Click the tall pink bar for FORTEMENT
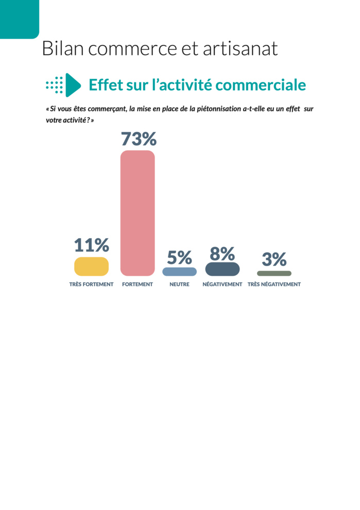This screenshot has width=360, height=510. point(138,213)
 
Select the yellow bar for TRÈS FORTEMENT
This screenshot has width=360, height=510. point(91,267)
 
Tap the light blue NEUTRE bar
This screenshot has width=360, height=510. point(179,271)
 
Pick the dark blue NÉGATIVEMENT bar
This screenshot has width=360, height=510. point(222,269)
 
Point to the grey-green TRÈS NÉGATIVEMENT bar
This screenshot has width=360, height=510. point(274,273)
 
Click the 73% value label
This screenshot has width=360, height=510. point(139,139)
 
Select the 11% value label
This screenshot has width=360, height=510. point(91,245)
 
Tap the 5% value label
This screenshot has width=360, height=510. point(179,257)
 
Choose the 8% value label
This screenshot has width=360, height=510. point(222,254)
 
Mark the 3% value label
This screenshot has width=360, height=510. point(274,259)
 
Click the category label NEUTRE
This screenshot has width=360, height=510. point(179,284)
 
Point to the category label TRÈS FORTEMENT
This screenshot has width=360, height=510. point(91,284)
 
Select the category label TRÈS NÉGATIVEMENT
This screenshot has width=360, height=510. point(274,284)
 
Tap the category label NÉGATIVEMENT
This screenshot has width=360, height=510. point(222,284)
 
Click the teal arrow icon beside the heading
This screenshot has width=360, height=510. point(73,85)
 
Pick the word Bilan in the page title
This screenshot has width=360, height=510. point(61,48)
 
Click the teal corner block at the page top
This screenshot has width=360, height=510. point(19,19)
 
